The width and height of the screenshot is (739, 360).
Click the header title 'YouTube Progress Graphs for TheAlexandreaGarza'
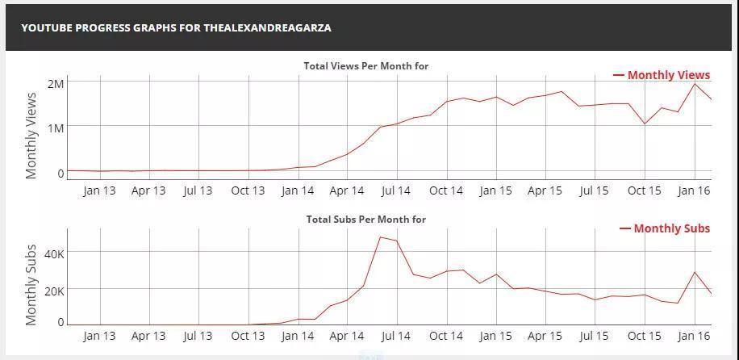[x=176, y=27]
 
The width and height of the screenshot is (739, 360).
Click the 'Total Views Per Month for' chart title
[x=365, y=66]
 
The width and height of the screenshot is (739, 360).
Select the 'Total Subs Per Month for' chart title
[x=365, y=220]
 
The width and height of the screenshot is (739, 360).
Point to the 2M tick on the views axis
[x=55, y=84]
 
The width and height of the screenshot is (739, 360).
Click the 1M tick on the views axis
[x=55, y=128]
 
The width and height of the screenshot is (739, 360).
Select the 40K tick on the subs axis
[x=54, y=253]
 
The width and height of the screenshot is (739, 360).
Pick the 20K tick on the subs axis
[x=54, y=291]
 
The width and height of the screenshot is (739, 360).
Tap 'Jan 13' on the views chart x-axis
[x=99, y=191]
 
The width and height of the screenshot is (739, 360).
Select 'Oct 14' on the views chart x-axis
[x=446, y=191]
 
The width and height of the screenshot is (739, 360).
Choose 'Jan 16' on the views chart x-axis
[x=694, y=191]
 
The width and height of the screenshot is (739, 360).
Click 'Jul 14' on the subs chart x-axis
[x=396, y=336]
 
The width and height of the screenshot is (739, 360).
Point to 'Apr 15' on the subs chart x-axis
[x=545, y=336]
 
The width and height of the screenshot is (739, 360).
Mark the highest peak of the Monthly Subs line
[x=380, y=237]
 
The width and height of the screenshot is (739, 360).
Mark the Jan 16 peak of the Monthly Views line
[x=695, y=84]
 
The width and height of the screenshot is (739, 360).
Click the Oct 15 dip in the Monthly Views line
[x=644, y=123]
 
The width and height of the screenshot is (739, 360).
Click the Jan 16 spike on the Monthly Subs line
[x=695, y=272]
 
